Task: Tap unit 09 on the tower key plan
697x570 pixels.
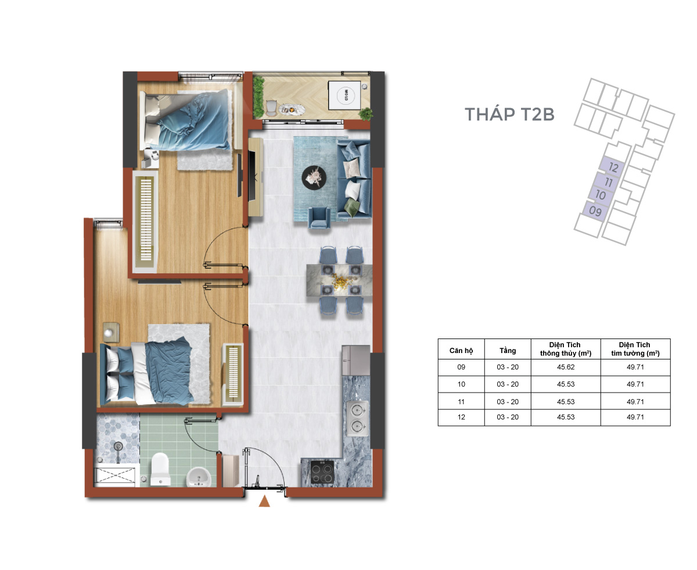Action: [x=595, y=211]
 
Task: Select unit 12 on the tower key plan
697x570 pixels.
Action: [x=613, y=168]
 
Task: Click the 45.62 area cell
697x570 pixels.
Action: [x=566, y=367]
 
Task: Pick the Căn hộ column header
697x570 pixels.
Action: [x=461, y=350]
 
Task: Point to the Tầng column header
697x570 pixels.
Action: [x=507, y=350]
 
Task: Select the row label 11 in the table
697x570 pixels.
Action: [x=461, y=401]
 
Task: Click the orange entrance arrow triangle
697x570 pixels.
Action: [x=264, y=502]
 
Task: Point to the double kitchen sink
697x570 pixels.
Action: [x=357, y=418]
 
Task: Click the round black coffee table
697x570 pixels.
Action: [x=314, y=178]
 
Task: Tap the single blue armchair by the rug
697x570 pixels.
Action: [x=319, y=218]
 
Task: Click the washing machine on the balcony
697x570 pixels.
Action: [x=344, y=95]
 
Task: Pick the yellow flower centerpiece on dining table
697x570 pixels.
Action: [x=339, y=282]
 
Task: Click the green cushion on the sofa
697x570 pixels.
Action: [x=351, y=207]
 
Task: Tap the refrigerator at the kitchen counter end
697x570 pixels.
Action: [x=356, y=360]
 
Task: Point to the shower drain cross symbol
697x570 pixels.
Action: [x=114, y=477]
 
